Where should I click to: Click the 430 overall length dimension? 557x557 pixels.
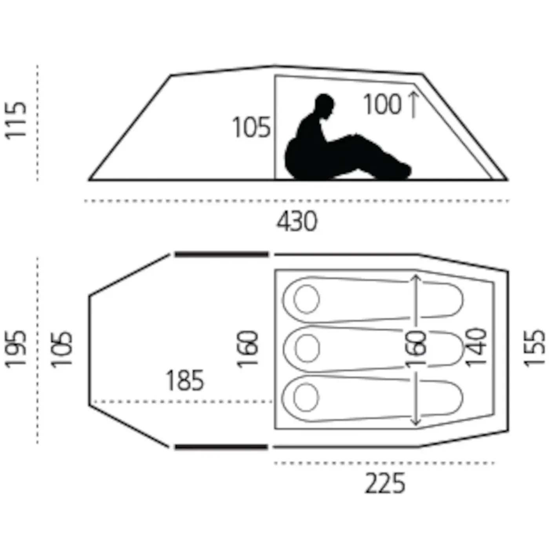pos(297,222)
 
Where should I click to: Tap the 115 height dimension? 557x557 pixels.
pos(16,121)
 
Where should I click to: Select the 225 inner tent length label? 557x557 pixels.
pos(385,483)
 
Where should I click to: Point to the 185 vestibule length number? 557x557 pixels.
pos(185,380)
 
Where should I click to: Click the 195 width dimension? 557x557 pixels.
pos(16,349)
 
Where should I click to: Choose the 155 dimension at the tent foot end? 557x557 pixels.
pos(535,348)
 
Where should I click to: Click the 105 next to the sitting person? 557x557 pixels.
pos(251,127)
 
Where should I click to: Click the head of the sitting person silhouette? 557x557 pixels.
pos(325,104)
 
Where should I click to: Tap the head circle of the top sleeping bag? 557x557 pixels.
pos(306,299)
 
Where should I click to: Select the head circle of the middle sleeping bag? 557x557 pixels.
pos(307,348)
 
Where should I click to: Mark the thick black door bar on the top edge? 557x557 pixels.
pos(222,254)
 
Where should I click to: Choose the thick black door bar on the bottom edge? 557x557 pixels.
pos(221,447)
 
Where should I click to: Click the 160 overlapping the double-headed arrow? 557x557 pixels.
pos(416,349)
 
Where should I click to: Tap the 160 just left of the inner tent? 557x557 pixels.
pos(248,349)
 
